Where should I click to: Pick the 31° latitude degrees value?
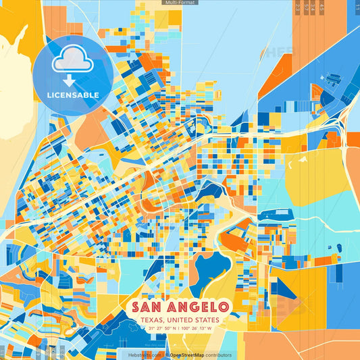(151, 328)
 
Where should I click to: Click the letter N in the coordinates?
(176, 328)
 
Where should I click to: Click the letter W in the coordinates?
(211, 328)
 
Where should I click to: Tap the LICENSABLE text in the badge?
(73, 95)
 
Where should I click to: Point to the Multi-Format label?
(180, 3)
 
